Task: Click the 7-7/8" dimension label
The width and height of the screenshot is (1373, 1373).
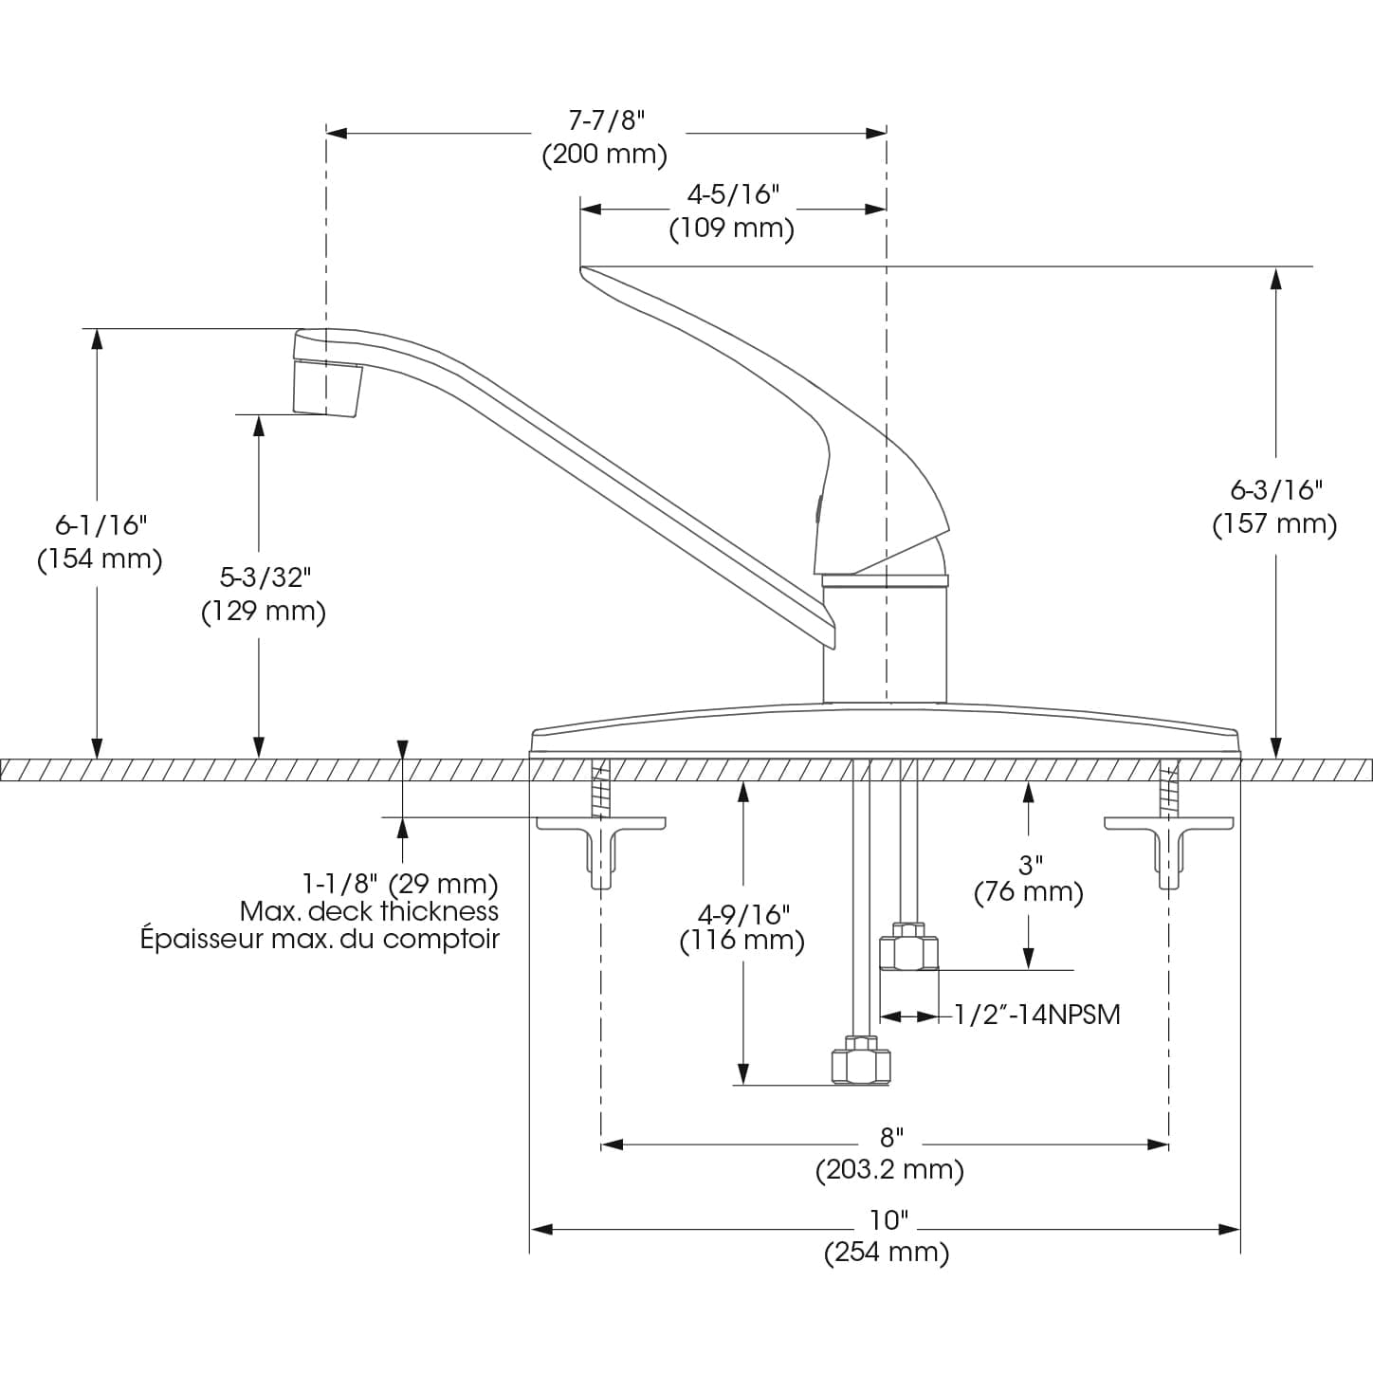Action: pos(606,120)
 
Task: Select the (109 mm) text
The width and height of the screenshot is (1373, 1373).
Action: pos(731,229)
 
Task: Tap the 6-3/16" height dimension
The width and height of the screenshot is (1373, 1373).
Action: pos(1275,489)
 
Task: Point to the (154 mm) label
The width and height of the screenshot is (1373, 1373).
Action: pos(100,558)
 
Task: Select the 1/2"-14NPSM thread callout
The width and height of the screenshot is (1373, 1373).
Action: pos(1036,1015)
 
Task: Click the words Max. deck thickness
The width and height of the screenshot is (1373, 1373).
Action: pos(369,911)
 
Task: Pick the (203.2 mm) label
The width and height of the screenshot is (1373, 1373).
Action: pos(889,1169)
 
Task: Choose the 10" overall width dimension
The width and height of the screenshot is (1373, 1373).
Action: pos(888,1219)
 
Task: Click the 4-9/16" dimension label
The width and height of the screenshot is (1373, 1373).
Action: pos(743,914)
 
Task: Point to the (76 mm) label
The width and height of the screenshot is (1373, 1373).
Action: pos(1029,892)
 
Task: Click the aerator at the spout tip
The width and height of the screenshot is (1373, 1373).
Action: pos(327,388)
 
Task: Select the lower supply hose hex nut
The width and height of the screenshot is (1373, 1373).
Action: pos(861,1062)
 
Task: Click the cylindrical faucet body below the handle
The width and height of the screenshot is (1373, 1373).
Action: pos(885,645)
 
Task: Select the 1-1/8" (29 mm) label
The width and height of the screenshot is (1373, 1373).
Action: pos(399,884)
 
